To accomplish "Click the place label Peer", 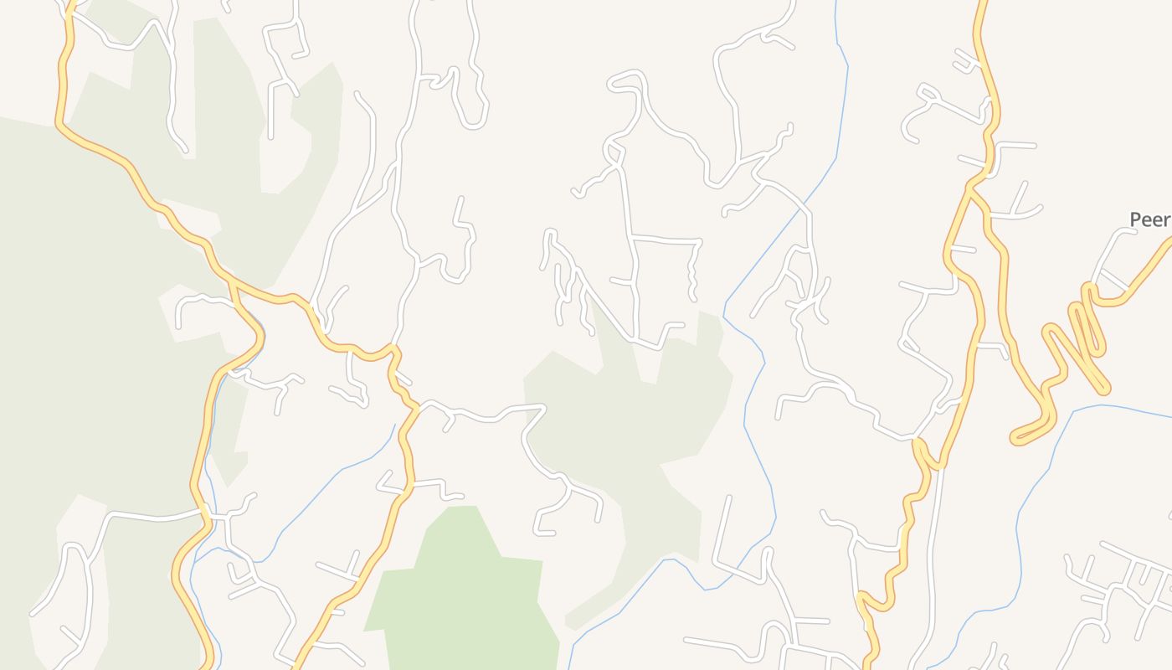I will (1149, 219).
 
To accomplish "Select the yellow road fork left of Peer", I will (970, 189).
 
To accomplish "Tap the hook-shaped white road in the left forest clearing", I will (201, 301).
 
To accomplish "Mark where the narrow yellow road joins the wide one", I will (921, 444).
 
